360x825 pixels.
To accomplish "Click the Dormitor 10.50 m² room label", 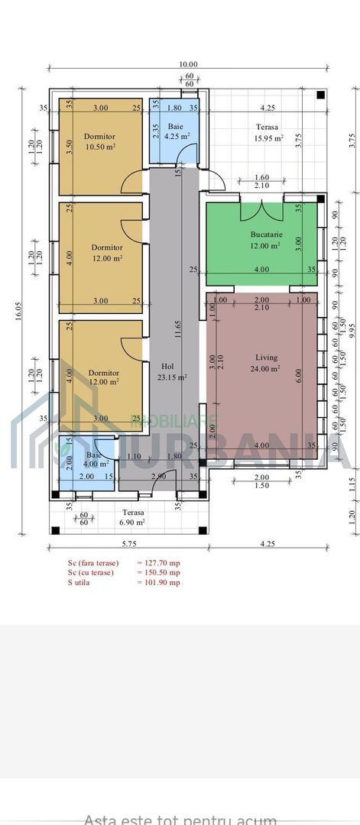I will click(99, 141).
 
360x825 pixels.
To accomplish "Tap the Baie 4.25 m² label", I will click(176, 131).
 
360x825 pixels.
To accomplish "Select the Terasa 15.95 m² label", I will click(268, 132).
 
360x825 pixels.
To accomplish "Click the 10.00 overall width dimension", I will click(188, 65).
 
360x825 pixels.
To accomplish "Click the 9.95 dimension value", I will click(352, 328).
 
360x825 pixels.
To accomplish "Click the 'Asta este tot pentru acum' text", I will click(180, 819).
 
